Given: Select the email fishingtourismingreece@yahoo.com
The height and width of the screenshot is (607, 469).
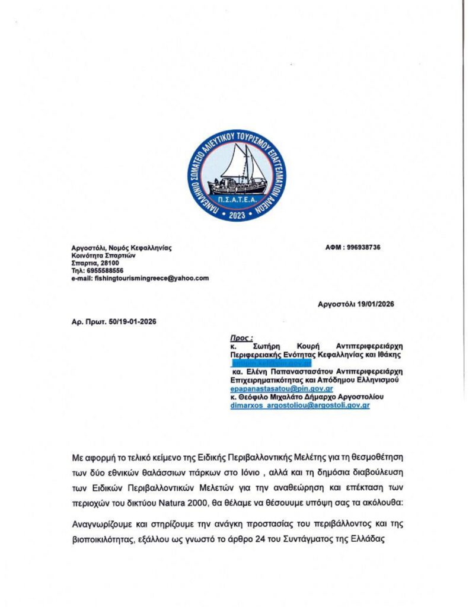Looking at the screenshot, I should [151, 278].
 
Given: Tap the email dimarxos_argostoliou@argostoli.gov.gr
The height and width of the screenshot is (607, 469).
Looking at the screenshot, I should [300, 405].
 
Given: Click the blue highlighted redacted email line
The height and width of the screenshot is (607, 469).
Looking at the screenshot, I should [271, 362].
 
